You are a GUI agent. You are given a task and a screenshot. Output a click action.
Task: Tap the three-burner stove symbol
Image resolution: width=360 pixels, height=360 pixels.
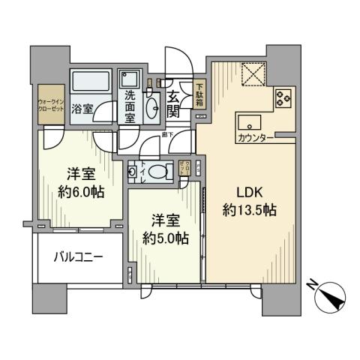(x=283, y=98)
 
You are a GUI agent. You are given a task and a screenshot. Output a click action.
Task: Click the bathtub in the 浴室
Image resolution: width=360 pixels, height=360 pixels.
(x=90, y=79)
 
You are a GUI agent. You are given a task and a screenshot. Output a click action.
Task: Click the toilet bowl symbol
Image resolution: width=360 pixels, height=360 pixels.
(x=158, y=172)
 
